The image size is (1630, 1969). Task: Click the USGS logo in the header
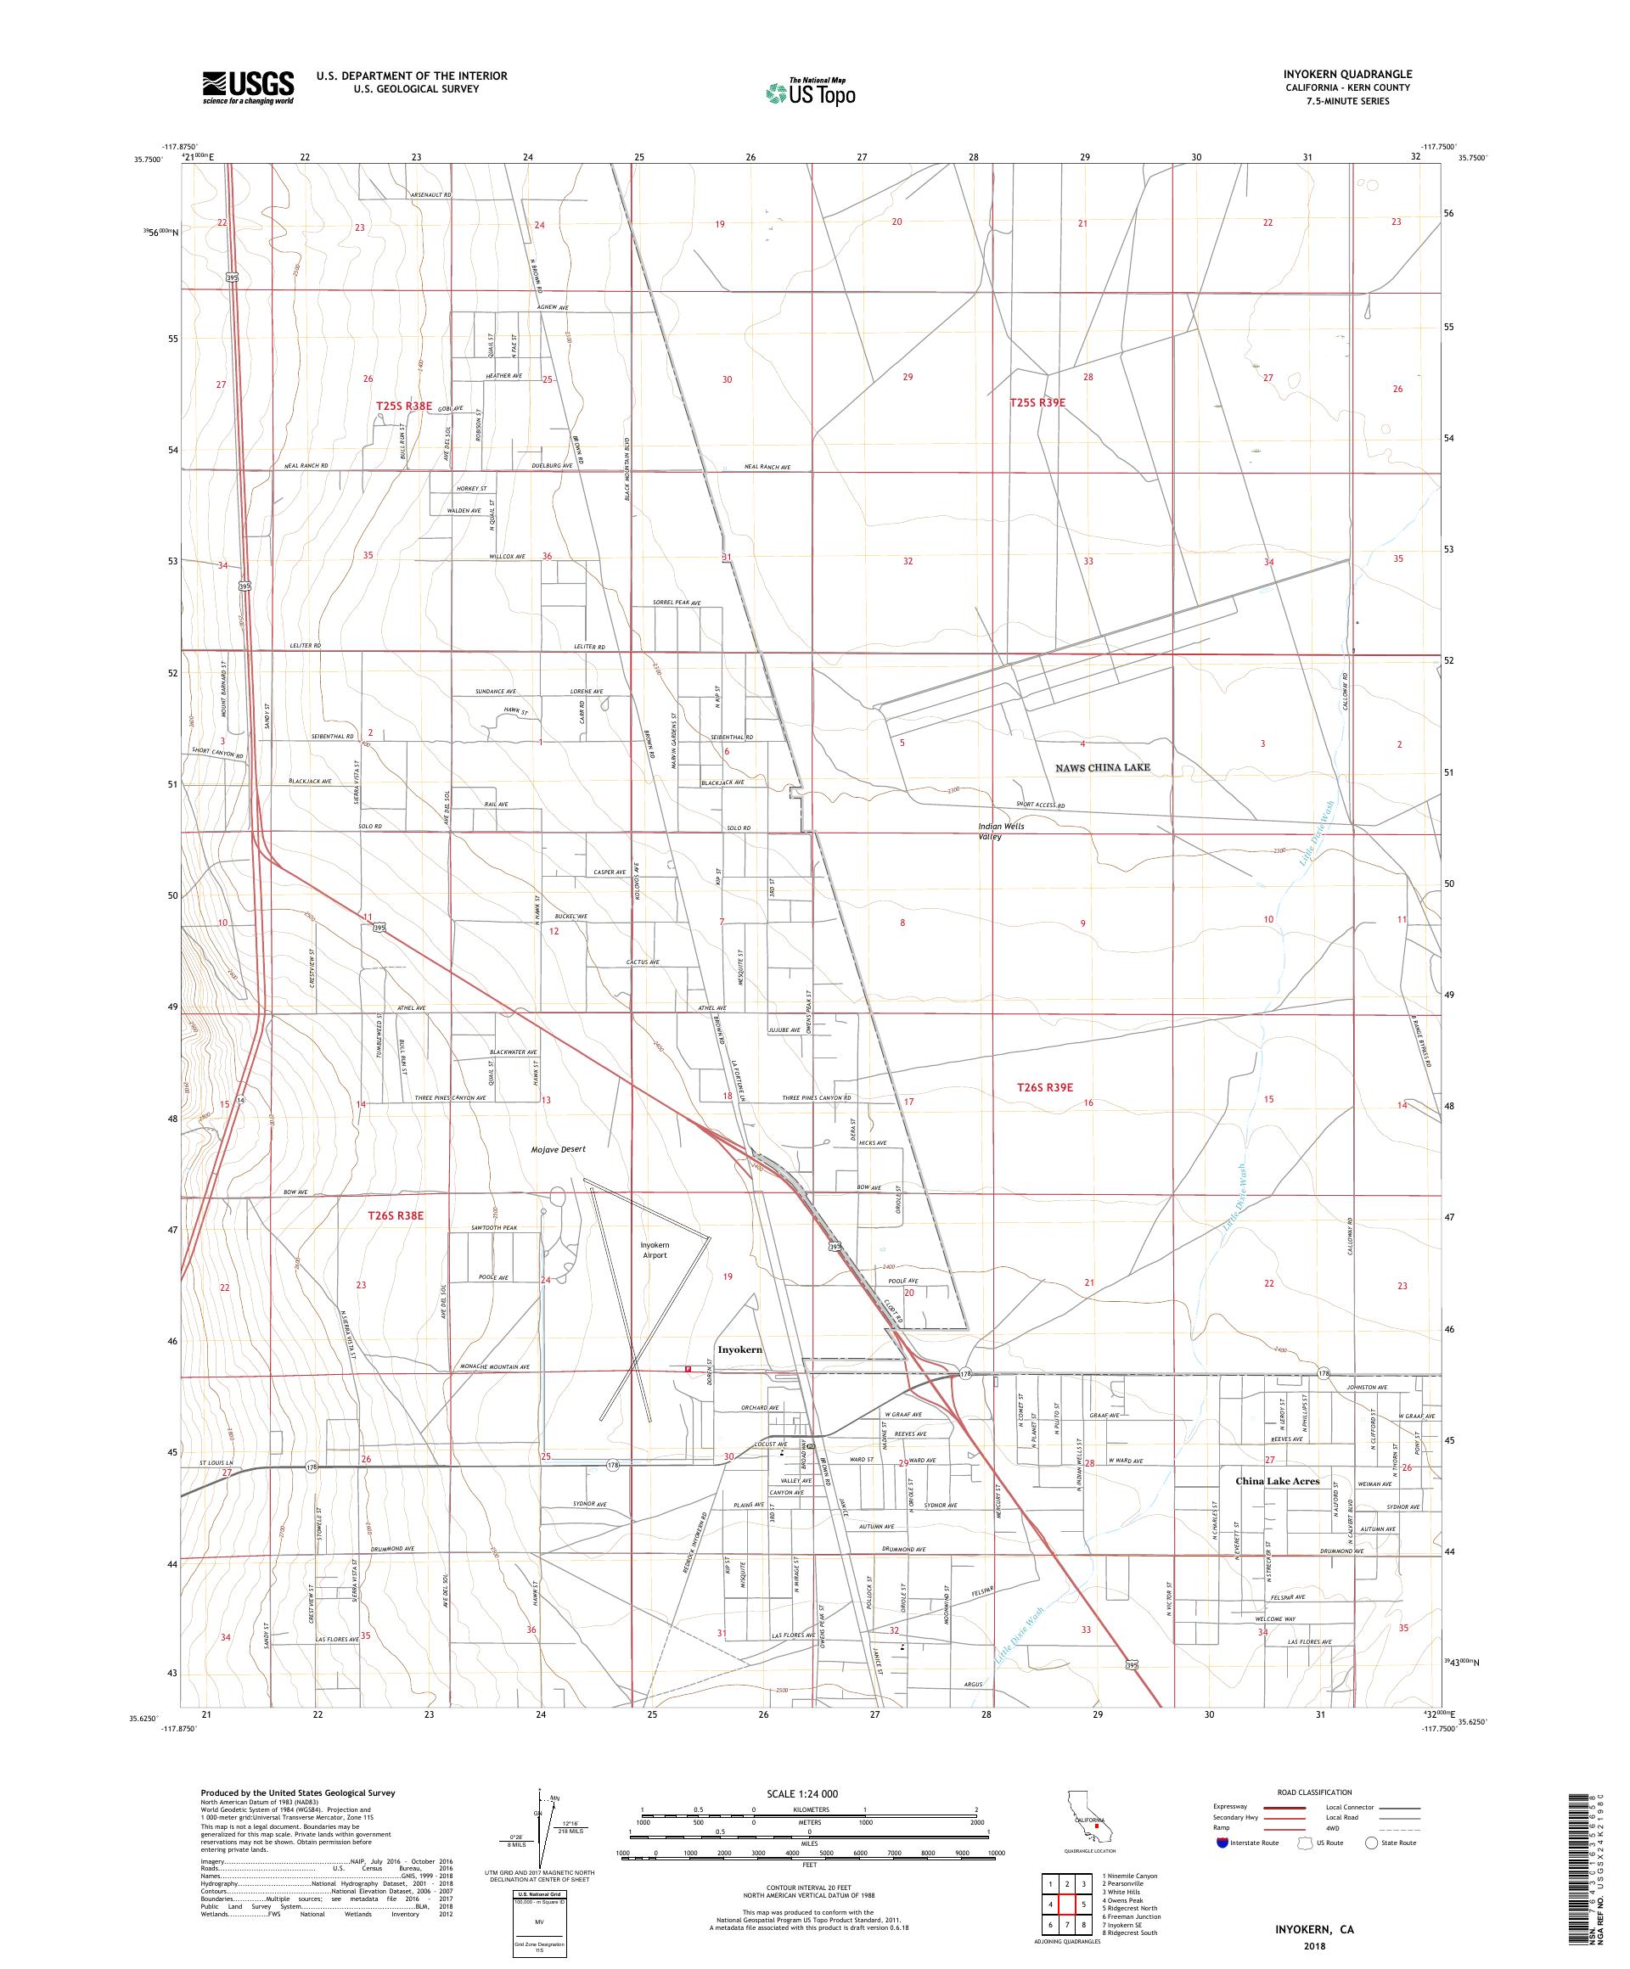[248, 87]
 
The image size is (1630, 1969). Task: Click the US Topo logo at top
[812, 92]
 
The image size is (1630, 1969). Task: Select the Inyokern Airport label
[655, 1250]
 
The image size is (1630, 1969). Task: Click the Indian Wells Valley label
[1002, 831]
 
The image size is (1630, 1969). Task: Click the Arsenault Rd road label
[430, 195]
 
